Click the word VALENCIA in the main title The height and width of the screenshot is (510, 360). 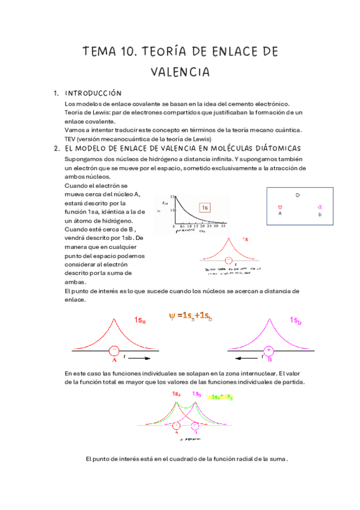click(x=180, y=73)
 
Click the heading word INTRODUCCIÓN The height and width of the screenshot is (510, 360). click(x=93, y=94)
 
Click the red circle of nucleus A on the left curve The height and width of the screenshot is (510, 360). click(x=114, y=350)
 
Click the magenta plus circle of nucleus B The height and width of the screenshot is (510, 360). click(x=269, y=350)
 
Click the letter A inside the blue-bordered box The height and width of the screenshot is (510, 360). click(x=280, y=214)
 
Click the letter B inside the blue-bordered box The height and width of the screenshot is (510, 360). click(x=320, y=214)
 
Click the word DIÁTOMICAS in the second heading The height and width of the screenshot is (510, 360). click(x=273, y=149)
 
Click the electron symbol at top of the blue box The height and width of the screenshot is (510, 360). click(x=299, y=195)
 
